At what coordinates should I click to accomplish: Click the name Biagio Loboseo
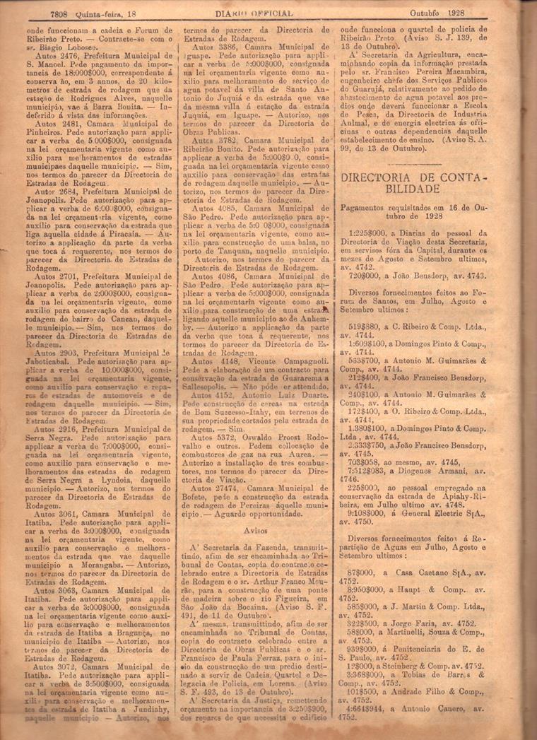coord(60,49)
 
